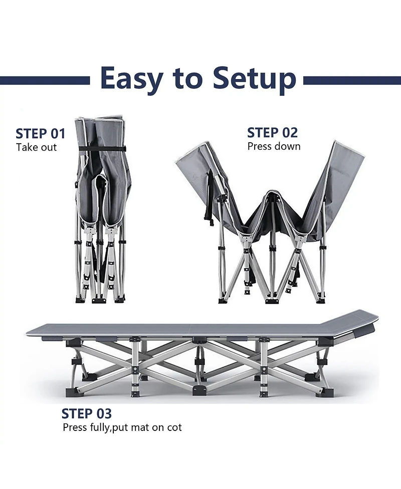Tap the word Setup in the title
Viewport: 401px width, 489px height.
255,79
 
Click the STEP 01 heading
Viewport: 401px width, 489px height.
41,134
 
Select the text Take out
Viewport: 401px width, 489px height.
36,147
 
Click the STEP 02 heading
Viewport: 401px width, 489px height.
272,133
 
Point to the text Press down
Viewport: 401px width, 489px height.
274,146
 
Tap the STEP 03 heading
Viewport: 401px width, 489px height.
87,413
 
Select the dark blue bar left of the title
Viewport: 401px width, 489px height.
45,81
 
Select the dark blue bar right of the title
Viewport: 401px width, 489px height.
352,81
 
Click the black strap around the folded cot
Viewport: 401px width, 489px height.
101,149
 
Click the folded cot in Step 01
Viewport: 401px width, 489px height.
101,209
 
